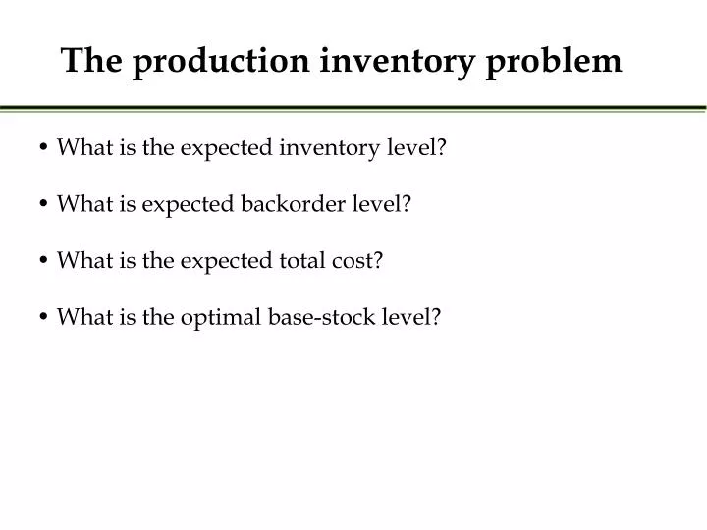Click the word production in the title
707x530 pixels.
tap(223, 61)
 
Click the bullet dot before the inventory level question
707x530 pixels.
tap(46, 149)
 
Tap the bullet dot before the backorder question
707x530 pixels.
tap(46, 205)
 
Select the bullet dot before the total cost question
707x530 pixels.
tap(46, 261)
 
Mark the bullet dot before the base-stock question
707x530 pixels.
tap(46, 318)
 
